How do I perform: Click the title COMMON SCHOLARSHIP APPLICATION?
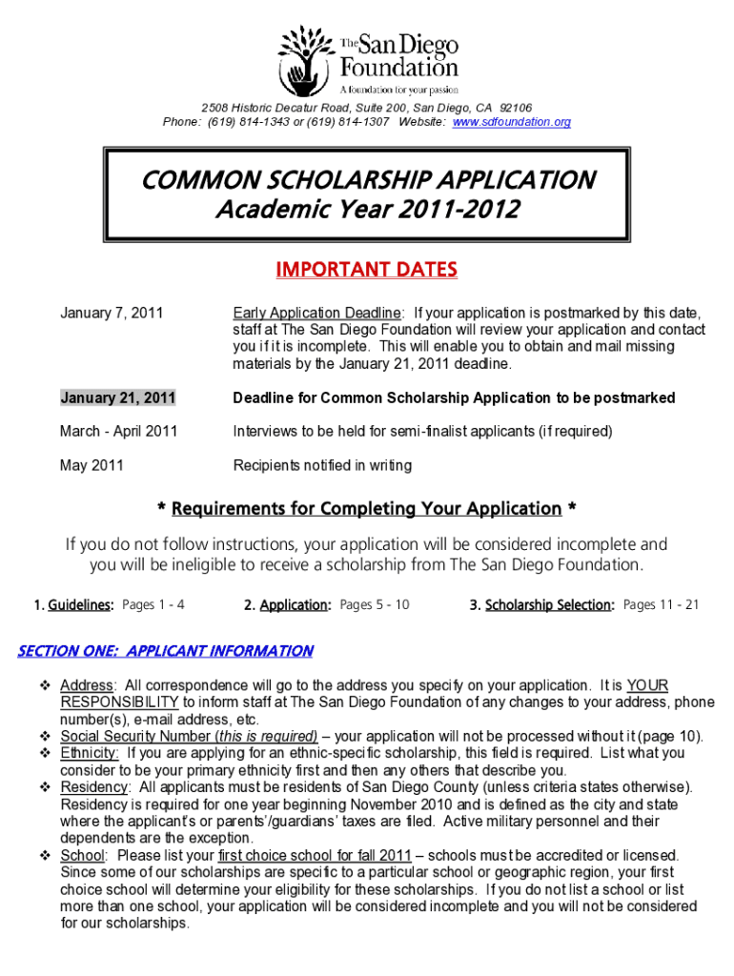[367, 180]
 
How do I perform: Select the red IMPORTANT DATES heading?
[366, 271]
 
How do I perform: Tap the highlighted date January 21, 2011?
[117, 397]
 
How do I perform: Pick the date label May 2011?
[92, 466]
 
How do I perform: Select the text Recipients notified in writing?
[322, 466]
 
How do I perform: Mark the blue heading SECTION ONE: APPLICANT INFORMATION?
[166, 651]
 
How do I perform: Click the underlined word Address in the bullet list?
[87, 685]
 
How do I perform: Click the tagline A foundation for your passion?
[393, 90]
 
